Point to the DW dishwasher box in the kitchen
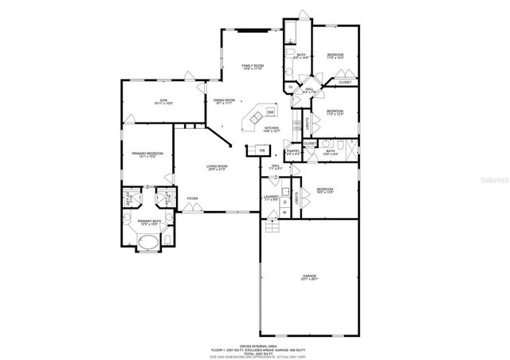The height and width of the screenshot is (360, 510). pyautogui.click(x=271, y=112)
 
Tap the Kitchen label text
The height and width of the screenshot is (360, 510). pyautogui.click(x=272, y=129)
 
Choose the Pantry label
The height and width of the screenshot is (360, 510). pyautogui.click(x=293, y=151)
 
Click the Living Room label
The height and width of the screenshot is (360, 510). pyautogui.click(x=218, y=167)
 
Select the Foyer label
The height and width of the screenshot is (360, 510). pyautogui.click(x=192, y=198)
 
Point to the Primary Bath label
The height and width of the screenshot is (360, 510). pyautogui.click(x=149, y=222)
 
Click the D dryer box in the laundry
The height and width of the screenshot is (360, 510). pyautogui.click(x=284, y=202)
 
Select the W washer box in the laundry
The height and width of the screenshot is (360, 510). pyautogui.click(x=284, y=213)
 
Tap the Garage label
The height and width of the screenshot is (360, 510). pyautogui.click(x=310, y=276)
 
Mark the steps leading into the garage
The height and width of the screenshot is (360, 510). pyautogui.click(x=273, y=228)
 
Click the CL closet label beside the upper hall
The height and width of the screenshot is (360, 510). pyautogui.click(x=290, y=86)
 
